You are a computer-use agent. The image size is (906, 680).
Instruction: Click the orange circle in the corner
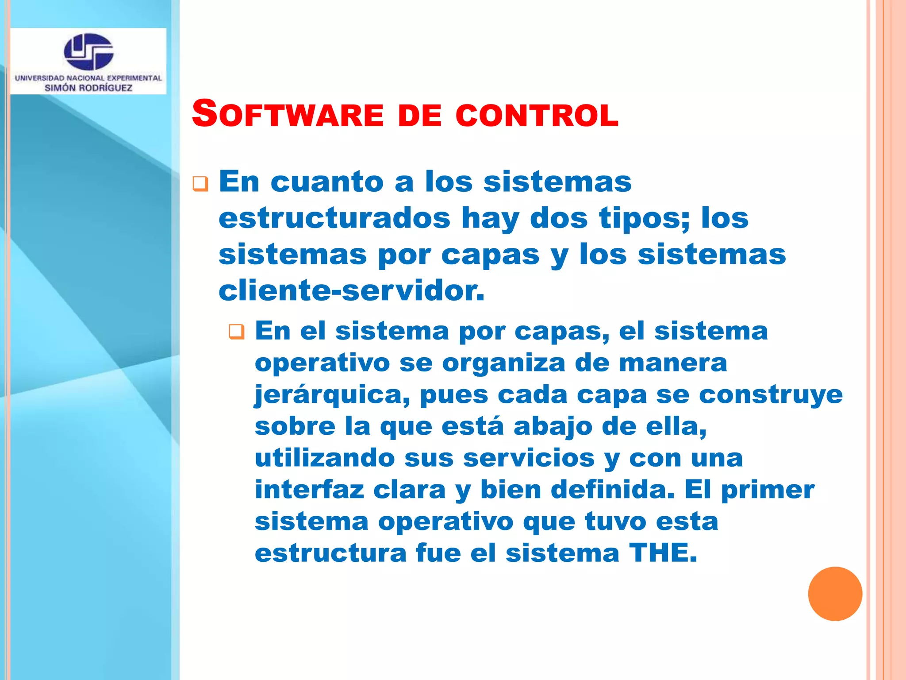[835, 594]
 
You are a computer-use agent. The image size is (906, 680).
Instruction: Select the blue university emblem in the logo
[88, 52]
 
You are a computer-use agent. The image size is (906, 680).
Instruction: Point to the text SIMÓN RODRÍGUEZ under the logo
[88, 88]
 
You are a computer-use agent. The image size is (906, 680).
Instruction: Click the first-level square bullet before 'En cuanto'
[200, 184]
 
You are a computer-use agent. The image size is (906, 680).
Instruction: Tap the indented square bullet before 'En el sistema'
[237, 332]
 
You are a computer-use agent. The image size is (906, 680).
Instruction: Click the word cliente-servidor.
[351, 291]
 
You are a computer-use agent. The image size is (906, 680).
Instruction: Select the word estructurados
[334, 218]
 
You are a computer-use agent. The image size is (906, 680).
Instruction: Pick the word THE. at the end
[663, 553]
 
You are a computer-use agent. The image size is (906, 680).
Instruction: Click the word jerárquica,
[332, 395]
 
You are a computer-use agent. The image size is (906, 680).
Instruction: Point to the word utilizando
[325, 458]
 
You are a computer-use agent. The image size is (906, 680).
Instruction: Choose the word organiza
[503, 363]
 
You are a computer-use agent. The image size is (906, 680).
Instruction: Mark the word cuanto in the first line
[327, 182]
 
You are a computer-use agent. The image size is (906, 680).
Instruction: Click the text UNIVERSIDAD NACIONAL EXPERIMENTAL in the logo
[88, 78]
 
